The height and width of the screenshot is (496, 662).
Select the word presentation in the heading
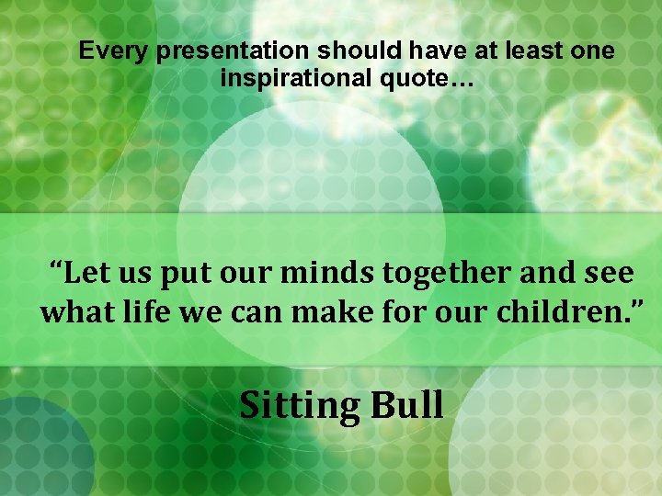click(x=234, y=51)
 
